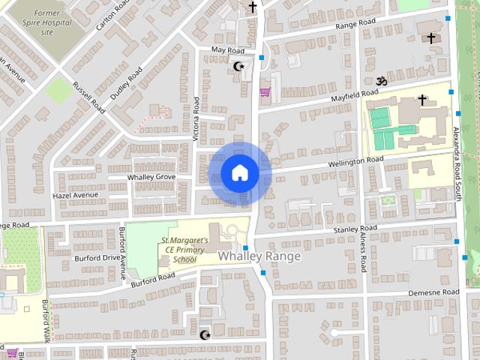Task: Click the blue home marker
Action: click(x=239, y=173)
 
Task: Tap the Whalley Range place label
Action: click(x=259, y=256)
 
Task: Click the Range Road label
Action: click(x=355, y=25)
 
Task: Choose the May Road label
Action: click(x=228, y=49)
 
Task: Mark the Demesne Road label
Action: click(x=433, y=292)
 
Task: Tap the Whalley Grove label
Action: click(x=151, y=177)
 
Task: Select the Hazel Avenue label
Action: click(x=75, y=195)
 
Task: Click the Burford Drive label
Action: click(x=97, y=257)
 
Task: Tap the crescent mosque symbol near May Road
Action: click(x=240, y=67)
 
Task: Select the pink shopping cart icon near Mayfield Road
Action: click(x=264, y=93)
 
